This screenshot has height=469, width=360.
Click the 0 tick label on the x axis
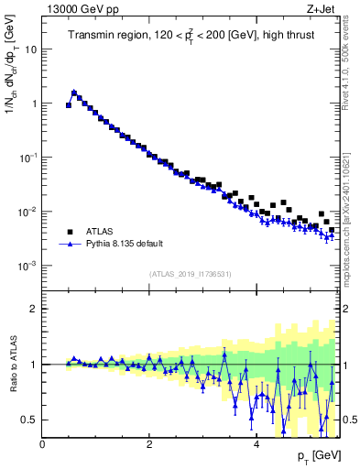[42, 444]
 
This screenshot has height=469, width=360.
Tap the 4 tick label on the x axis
[256, 444]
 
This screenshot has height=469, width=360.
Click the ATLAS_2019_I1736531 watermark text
[190, 275]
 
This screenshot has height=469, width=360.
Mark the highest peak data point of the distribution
[74, 93]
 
